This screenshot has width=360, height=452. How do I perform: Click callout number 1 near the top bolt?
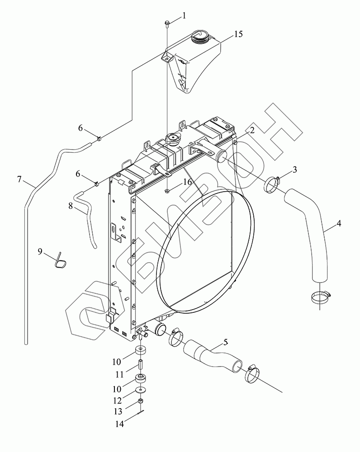(184, 16)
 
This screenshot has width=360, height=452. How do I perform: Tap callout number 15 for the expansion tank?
(238, 34)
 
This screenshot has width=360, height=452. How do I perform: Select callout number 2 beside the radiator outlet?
(252, 131)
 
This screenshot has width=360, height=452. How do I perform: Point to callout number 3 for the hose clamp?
(294, 170)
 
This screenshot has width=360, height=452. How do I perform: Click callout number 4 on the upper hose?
(339, 223)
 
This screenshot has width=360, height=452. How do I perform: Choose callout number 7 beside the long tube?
(19, 179)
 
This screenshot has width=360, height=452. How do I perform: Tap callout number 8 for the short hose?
(71, 205)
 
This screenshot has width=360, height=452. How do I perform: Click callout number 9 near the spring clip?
(40, 252)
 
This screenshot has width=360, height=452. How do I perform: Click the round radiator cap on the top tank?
(173, 139)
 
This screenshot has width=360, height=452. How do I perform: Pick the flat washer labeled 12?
(142, 390)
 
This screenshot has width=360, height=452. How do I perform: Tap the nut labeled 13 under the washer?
(141, 401)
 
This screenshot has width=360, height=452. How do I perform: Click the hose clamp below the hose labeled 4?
(321, 297)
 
